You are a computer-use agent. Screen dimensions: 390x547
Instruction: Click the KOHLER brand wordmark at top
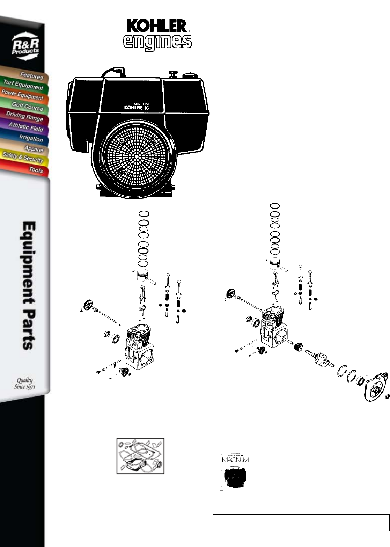tap(157, 26)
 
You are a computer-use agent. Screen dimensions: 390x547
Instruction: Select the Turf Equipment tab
tap(23, 85)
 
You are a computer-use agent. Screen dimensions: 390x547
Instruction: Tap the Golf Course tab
tap(27, 106)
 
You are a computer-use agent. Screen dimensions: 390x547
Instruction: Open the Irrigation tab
tap(31, 138)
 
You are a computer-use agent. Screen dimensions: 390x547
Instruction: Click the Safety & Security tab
tap(23, 158)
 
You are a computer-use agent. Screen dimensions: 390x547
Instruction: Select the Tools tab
tap(36, 170)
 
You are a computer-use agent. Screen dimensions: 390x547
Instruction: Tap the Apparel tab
tap(34, 149)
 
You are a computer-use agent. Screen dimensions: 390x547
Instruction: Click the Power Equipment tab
tap(22, 95)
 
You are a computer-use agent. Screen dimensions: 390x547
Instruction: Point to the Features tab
tap(31, 75)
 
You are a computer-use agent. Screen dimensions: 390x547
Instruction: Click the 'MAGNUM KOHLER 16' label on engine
tap(137, 106)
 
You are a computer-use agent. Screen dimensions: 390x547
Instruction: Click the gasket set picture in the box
tap(140, 456)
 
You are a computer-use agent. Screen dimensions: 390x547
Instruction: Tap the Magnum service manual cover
tap(236, 471)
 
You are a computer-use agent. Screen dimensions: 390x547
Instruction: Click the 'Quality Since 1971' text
tap(24, 383)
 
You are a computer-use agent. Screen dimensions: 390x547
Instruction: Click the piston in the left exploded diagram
tap(144, 276)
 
